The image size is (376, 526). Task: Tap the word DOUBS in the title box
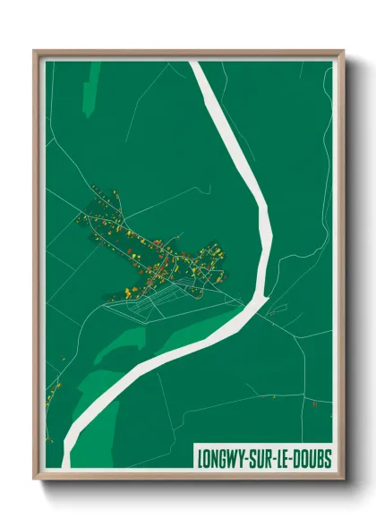310,459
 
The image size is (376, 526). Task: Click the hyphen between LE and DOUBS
290,459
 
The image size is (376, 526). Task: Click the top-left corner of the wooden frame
36,52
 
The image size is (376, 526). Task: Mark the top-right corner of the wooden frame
342,52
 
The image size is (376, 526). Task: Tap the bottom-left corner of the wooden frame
36,479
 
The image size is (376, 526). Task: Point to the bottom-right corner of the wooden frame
342,479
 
